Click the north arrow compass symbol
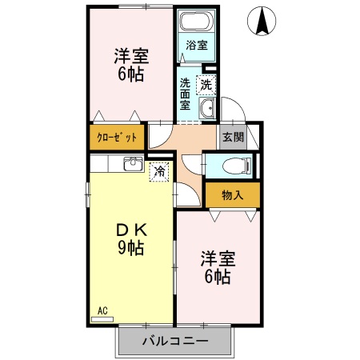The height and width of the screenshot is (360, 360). tap(262, 21)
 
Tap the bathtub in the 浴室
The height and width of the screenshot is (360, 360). tap(196, 22)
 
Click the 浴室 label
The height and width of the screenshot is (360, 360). tap(196, 46)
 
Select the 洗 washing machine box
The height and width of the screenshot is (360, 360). tap(206, 82)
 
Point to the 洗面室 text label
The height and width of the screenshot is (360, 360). tap(186, 94)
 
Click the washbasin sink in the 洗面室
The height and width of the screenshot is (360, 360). tap(206, 110)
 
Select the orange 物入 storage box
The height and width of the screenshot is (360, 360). tap(232, 194)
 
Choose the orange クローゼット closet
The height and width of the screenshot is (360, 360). tap(117, 137)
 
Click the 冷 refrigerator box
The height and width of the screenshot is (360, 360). tap(160, 170)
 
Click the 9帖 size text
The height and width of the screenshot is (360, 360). tap(131, 248)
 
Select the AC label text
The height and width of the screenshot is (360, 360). tap(102, 310)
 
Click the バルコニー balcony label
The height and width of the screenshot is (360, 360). tap(175, 341)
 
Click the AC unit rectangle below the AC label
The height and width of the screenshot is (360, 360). tap(102, 318)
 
